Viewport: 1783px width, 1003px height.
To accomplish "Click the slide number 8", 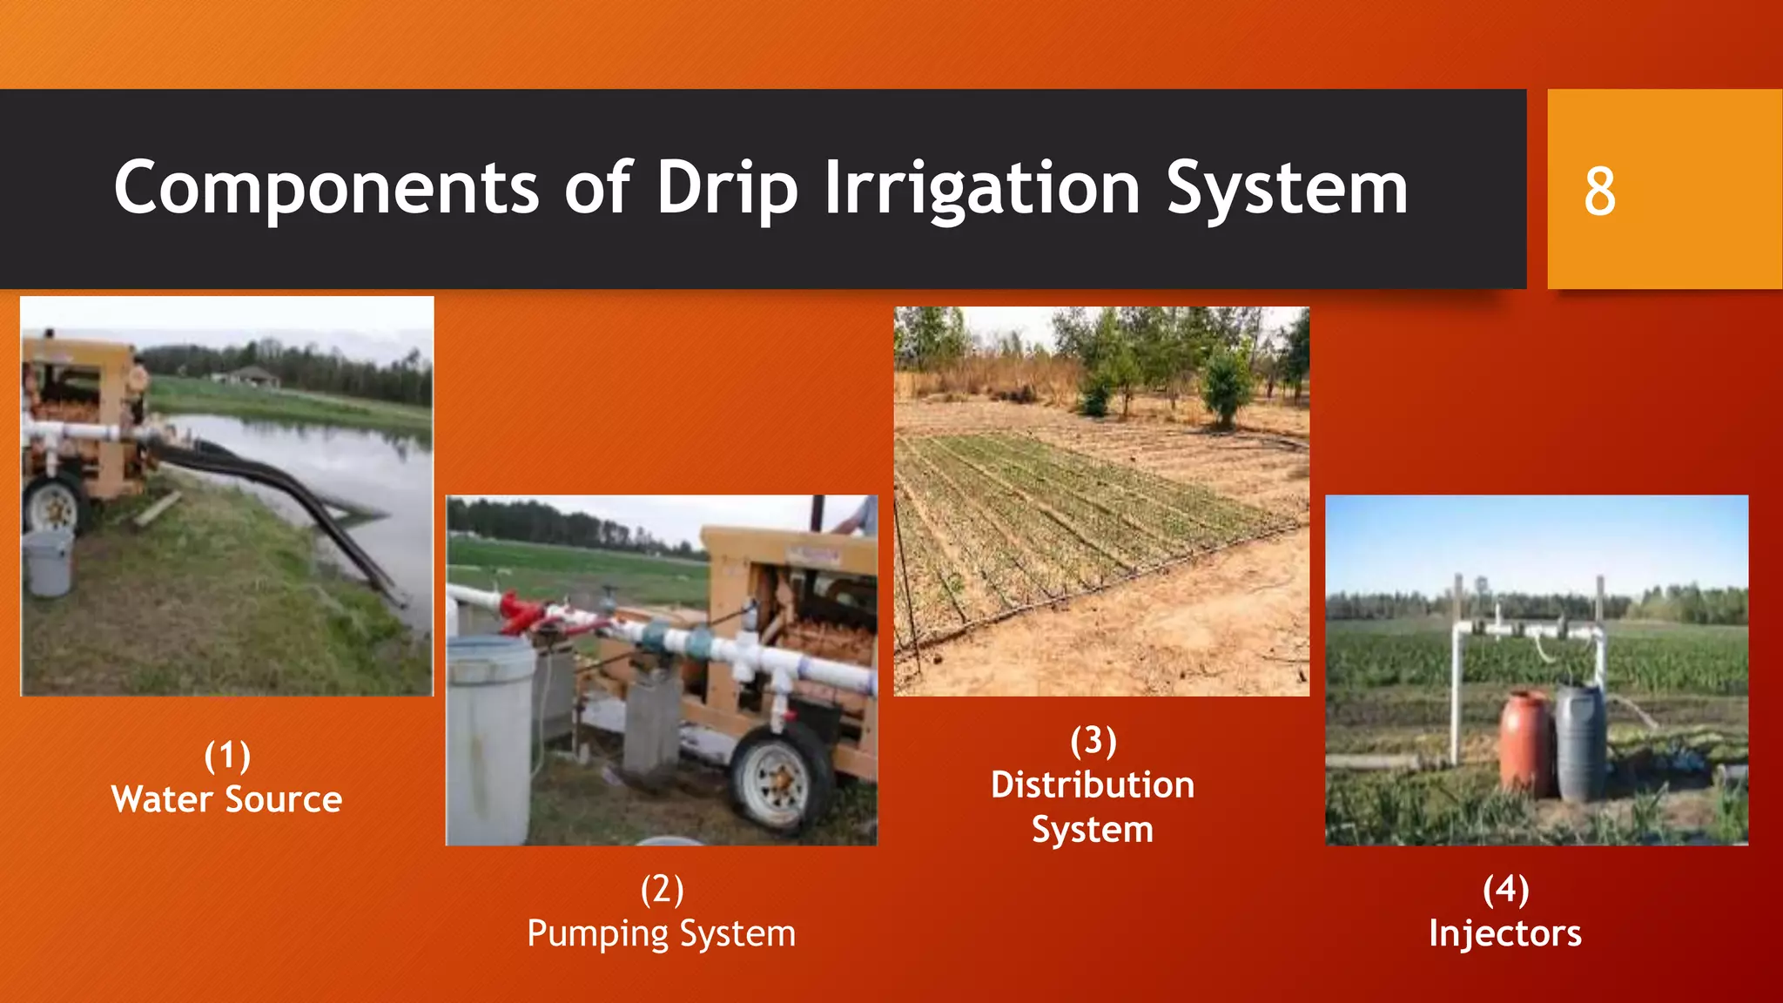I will [1599, 192].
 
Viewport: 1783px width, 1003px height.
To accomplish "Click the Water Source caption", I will [226, 799].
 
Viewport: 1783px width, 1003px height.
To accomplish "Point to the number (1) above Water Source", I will [227, 755].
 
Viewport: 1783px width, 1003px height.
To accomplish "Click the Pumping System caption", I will [661, 933].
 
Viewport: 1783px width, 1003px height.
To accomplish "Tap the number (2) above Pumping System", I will [662, 889].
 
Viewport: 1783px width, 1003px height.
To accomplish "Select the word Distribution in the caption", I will [1092, 784].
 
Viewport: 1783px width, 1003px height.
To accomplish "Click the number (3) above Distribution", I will [1093, 741].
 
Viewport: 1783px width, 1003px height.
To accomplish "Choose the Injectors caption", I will [1504, 933].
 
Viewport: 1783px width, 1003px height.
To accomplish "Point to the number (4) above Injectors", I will [1505, 889].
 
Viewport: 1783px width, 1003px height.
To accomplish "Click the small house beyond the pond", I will [252, 377].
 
